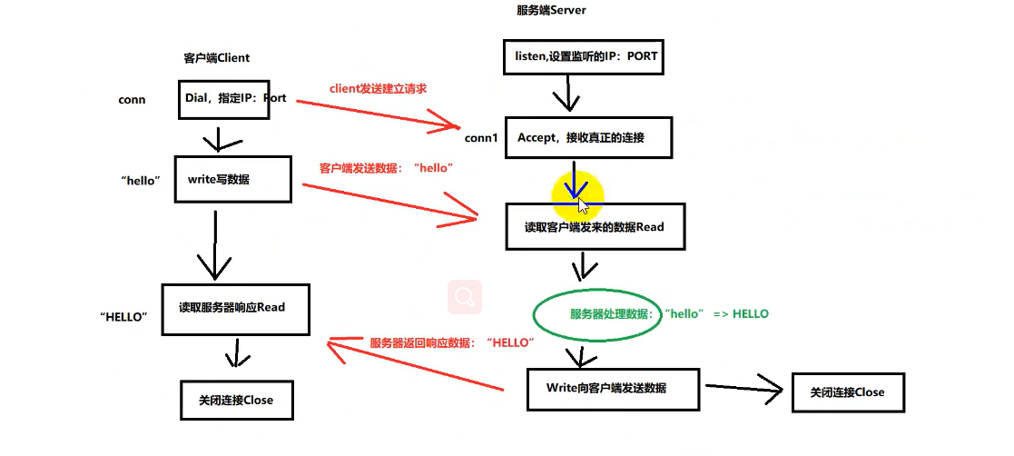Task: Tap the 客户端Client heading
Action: click(x=216, y=58)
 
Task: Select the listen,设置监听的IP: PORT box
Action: click(x=580, y=56)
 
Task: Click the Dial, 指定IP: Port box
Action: click(x=232, y=99)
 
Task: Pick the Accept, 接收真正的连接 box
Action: click(x=588, y=138)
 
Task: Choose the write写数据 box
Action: click(x=239, y=180)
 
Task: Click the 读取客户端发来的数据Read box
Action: click(x=594, y=227)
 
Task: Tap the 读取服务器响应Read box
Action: click(x=237, y=308)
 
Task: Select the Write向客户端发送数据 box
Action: click(x=613, y=389)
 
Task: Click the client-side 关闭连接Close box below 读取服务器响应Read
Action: click(x=235, y=400)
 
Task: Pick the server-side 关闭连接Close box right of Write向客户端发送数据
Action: click(x=847, y=392)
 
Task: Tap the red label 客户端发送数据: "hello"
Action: click(x=386, y=168)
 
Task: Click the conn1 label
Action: click(x=481, y=138)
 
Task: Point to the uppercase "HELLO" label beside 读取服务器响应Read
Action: click(x=124, y=317)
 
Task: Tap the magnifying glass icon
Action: click(x=465, y=296)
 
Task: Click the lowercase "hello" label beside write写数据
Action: click(x=140, y=181)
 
